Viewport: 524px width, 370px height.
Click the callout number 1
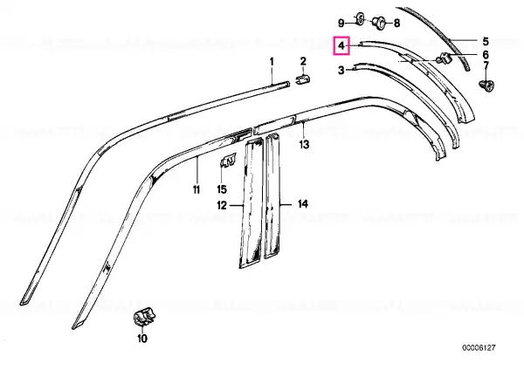coord(272,62)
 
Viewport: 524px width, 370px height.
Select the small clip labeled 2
coord(303,80)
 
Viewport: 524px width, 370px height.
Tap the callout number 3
coord(341,71)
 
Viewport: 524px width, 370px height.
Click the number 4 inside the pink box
coord(341,45)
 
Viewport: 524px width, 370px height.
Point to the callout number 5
coord(486,41)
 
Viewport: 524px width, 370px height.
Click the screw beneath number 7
coord(486,86)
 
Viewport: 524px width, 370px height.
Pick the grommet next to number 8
coord(379,22)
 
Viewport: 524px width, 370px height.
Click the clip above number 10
coord(145,318)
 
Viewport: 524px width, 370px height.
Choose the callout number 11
coord(196,189)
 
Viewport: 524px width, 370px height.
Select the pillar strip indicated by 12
coord(252,203)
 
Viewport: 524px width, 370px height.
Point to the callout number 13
coord(304,145)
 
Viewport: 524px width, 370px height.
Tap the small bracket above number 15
coord(228,161)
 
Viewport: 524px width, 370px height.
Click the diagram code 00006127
coord(479,348)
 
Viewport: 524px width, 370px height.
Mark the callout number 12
coord(222,205)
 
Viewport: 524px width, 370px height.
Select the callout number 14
coord(303,203)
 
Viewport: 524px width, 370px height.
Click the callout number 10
coord(142,339)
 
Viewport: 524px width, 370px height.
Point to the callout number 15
coord(222,189)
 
